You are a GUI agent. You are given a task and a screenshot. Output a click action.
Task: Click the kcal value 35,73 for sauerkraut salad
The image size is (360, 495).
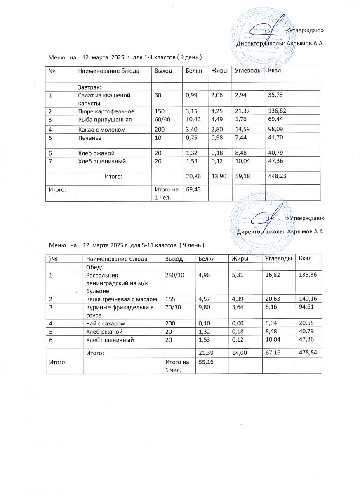[x=275, y=95]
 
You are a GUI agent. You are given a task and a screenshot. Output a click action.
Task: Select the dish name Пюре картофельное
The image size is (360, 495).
[x=106, y=111]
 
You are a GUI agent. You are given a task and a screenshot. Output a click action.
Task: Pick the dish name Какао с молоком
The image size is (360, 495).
[x=102, y=130]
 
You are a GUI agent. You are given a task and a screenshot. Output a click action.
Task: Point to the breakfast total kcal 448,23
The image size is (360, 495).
[x=277, y=176]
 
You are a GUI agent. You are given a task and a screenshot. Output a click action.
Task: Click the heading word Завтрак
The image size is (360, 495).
[x=90, y=87]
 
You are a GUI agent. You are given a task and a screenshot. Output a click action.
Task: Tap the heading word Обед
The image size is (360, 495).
[x=94, y=267]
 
